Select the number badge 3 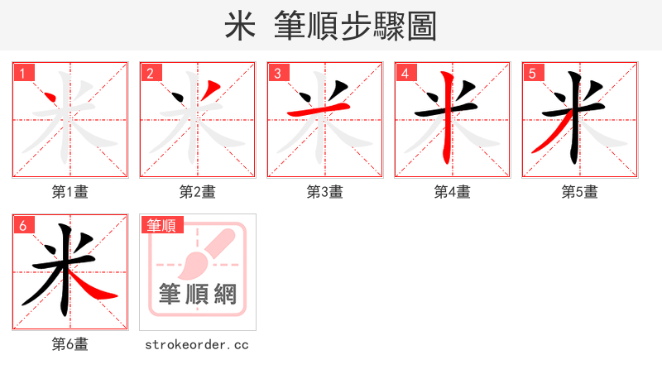[x=279, y=73]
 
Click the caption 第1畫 [x=70, y=192]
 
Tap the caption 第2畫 [x=198, y=192]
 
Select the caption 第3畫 [x=325, y=192]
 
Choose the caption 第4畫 [x=453, y=192]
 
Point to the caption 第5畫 [x=580, y=192]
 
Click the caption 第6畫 [x=70, y=344]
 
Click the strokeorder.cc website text [x=198, y=344]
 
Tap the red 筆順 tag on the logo [x=163, y=225]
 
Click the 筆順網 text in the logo [x=198, y=294]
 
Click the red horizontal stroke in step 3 [x=319, y=110]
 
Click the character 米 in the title [x=239, y=26]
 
